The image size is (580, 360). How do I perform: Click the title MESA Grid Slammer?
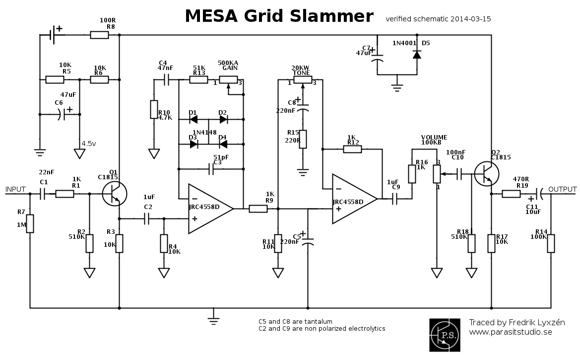click(x=279, y=16)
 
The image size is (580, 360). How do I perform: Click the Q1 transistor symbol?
click(x=114, y=194)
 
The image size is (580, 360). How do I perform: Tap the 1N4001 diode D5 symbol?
click(x=417, y=54)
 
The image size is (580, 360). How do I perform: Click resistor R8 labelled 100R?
click(x=99, y=35)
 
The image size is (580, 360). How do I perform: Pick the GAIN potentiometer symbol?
click(x=228, y=80)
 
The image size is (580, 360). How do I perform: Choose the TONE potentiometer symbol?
click(x=302, y=80)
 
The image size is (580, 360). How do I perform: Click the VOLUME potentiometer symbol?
click(x=437, y=174)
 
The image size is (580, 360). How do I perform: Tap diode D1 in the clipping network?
click(x=193, y=119)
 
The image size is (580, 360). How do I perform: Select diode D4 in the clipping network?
click(x=223, y=144)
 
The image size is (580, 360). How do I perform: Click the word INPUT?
click(x=15, y=190)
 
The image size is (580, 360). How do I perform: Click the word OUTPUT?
click(x=562, y=190)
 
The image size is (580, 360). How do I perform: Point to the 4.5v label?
click(x=89, y=144)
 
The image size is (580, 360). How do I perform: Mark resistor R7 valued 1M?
click(x=30, y=223)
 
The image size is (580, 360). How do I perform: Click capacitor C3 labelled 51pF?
click(x=211, y=169)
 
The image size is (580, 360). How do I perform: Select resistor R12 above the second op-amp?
click(x=352, y=148)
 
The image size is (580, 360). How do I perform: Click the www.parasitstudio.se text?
click(x=511, y=332)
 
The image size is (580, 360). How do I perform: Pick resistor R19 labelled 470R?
click(x=511, y=194)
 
